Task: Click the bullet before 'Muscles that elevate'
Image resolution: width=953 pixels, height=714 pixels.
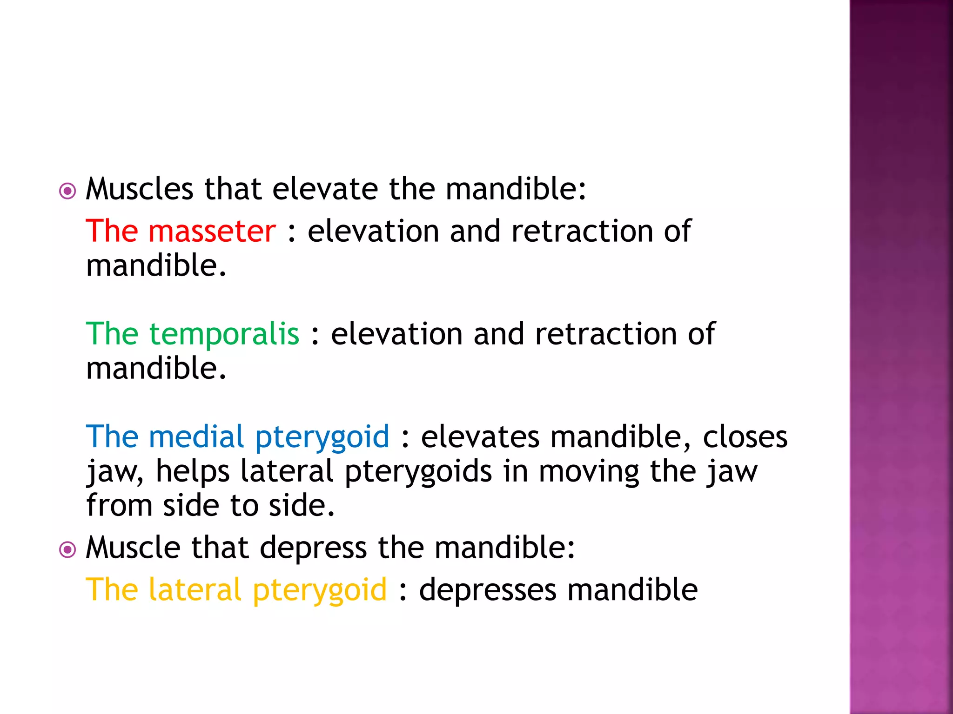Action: (67, 191)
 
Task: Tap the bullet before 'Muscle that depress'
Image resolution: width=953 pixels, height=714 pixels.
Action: (67, 550)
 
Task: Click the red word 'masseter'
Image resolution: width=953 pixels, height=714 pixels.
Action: (212, 231)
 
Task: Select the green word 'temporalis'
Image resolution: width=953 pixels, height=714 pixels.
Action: (224, 334)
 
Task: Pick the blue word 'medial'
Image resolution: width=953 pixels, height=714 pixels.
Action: (196, 436)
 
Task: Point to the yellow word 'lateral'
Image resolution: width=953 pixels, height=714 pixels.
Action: (195, 590)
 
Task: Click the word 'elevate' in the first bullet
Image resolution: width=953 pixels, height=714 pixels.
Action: (325, 189)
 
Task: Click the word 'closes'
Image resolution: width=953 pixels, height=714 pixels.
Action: (745, 437)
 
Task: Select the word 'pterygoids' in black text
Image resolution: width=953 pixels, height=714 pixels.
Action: (418, 472)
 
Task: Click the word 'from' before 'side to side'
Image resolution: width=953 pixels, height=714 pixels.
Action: (119, 505)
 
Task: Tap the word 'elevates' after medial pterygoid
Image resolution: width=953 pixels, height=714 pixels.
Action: (480, 437)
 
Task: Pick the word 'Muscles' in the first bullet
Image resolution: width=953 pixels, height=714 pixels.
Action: (139, 189)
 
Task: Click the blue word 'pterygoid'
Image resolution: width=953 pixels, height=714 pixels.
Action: (322, 437)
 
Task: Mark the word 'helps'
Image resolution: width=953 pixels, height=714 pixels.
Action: (193, 471)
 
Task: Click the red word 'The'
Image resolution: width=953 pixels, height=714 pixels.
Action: (112, 231)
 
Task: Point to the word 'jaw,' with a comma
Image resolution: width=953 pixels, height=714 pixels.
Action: (115, 472)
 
